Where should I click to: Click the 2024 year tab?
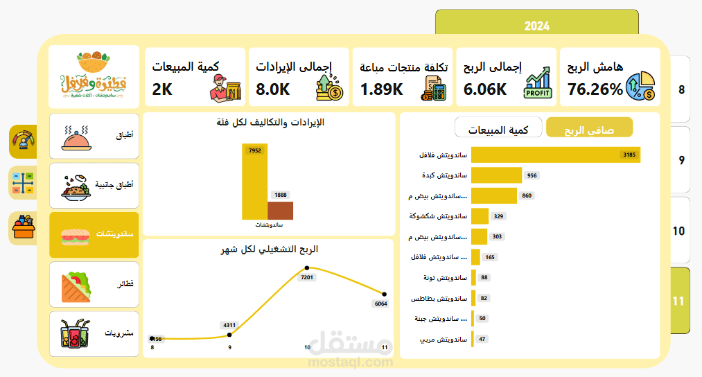point(536,26)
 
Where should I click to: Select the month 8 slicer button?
point(681,90)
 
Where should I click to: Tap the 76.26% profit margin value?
point(595,89)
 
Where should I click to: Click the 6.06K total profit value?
point(486,89)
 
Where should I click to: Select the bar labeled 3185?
point(555,155)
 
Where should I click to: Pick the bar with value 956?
point(496,175)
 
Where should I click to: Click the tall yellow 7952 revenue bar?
point(254,182)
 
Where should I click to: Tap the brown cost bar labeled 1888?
point(280,210)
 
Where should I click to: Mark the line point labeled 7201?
point(306,268)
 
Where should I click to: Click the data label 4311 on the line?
point(229,324)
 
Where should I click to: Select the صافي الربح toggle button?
point(589,128)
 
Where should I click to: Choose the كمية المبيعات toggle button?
point(498,129)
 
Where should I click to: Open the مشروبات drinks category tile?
point(94,333)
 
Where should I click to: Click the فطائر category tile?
point(94,284)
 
